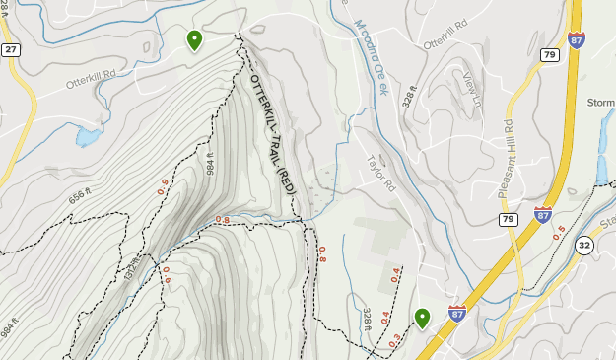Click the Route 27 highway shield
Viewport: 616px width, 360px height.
[11, 49]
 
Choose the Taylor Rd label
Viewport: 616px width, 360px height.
[379, 174]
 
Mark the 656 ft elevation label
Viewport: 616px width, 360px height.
[86, 198]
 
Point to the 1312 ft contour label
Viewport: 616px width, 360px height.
[130, 263]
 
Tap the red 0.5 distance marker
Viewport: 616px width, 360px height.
[559, 233]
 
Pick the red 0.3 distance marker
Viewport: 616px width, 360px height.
[394, 339]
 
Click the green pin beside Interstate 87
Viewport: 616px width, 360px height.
[422, 318]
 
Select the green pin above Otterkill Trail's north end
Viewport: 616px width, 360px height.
[194, 39]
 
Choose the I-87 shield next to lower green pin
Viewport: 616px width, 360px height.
[456, 313]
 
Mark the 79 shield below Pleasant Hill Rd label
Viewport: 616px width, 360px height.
[509, 219]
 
